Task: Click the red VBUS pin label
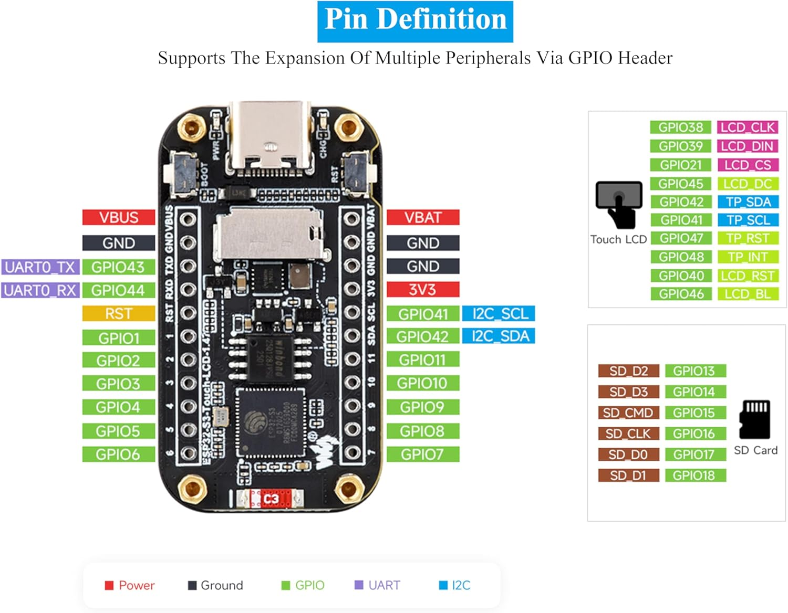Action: (119, 217)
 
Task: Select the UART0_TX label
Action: (40, 267)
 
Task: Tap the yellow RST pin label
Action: (119, 314)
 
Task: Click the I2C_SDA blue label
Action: (499, 336)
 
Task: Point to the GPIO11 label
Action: (422, 360)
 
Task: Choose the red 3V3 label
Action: (422, 290)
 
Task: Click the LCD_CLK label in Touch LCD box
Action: (748, 128)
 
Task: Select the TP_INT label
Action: (748, 257)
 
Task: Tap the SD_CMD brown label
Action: (628, 413)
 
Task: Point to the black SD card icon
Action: (755, 419)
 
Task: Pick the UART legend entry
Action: (378, 585)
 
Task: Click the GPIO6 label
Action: (119, 455)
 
